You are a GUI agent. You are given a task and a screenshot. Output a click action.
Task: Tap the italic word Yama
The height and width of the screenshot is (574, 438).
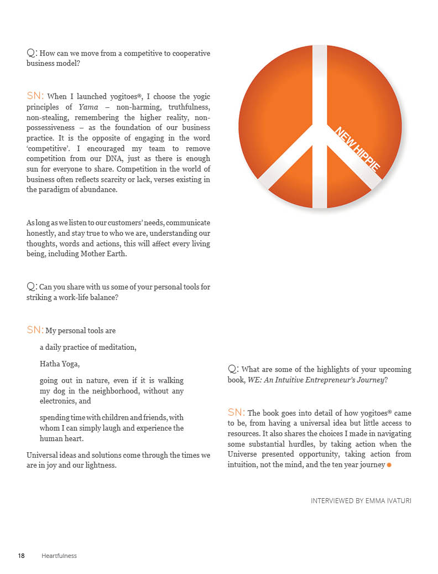point(88,107)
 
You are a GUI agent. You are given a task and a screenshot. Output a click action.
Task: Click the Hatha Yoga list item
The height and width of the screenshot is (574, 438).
point(60,364)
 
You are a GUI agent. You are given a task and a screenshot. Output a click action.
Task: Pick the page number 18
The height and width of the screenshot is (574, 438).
point(22,556)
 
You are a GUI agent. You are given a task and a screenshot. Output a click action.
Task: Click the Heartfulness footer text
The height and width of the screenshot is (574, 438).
point(59,556)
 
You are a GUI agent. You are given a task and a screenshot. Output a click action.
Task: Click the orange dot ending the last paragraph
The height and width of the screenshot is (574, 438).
point(389,465)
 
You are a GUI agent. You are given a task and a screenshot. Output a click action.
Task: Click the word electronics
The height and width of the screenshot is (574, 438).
point(58,401)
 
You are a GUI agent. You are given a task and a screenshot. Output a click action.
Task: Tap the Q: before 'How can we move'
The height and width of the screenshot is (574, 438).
point(32,53)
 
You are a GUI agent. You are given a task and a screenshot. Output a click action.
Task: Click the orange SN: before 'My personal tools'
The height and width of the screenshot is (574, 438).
point(35,330)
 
